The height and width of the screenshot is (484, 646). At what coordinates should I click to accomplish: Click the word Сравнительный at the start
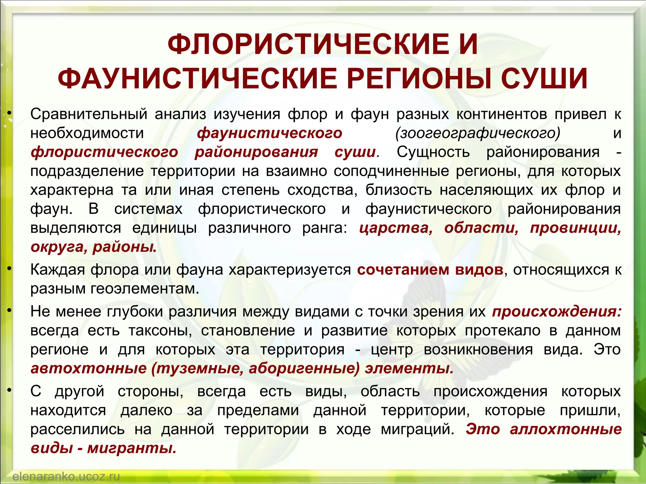89,114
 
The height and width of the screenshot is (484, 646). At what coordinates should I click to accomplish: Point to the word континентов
501,114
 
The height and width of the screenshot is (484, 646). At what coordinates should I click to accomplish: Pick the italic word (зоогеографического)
478,133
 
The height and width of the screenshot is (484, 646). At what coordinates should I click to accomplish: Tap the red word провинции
575,228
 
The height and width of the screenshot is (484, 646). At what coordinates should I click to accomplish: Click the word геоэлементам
145,289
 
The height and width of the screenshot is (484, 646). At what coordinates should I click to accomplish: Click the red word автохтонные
89,368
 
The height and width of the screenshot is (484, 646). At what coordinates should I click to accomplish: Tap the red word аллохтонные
566,429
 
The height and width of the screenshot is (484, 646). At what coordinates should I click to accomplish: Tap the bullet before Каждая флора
10,269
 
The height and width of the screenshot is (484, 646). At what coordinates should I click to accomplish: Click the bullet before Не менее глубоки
10,311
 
